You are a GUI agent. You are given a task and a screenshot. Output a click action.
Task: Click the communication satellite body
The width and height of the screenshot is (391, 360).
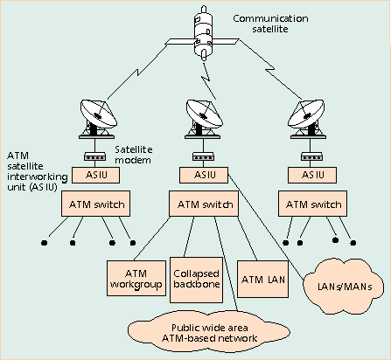pyautogui.click(x=203, y=32)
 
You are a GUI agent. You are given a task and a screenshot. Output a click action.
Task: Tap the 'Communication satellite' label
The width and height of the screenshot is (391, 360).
pyautogui.click(x=270, y=24)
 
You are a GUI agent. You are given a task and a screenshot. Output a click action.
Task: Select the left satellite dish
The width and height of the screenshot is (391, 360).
pyautogui.click(x=98, y=119)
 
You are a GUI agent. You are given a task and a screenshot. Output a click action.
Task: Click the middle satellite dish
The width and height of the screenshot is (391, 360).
pyautogui.click(x=204, y=119)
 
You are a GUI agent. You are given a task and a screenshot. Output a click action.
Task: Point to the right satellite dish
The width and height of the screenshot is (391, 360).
pyautogui.click(x=307, y=119)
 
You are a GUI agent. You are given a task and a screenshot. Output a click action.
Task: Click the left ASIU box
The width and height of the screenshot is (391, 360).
pyautogui.click(x=95, y=175)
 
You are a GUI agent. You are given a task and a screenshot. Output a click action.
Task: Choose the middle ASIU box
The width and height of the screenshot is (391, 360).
pyautogui.click(x=204, y=175)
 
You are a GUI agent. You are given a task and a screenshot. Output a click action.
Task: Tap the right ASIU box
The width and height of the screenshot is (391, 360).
pyautogui.click(x=312, y=175)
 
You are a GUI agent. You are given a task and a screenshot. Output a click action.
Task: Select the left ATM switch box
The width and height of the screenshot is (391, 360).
pyautogui.click(x=95, y=204)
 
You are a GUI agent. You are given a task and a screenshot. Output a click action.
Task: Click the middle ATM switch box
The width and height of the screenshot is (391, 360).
pyautogui.click(x=204, y=204)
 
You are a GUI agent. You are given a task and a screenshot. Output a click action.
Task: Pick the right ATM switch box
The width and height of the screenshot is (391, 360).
pyautogui.click(x=312, y=204)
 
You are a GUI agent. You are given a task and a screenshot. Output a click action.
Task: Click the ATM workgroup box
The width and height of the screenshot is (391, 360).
pyautogui.click(x=136, y=279)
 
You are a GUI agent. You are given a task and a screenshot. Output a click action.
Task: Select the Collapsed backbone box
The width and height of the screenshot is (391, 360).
pyautogui.click(x=196, y=280)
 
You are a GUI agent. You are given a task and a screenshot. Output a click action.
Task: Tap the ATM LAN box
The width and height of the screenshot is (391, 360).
pyautogui.click(x=262, y=279)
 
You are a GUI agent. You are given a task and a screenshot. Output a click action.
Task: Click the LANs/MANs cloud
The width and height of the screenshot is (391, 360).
pyautogui.click(x=344, y=287)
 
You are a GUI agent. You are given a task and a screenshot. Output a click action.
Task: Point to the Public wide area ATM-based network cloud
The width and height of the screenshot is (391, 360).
pyautogui.click(x=209, y=333)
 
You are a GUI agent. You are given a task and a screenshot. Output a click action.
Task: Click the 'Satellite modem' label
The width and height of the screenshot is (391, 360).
pyautogui.click(x=133, y=155)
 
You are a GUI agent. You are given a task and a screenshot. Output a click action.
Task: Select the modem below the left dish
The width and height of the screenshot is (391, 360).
pyautogui.click(x=94, y=156)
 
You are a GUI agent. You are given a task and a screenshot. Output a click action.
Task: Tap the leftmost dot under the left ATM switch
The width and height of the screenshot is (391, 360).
pyautogui.click(x=44, y=243)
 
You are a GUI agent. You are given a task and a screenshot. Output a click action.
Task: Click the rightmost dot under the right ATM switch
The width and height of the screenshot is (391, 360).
pyautogui.click(x=353, y=242)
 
